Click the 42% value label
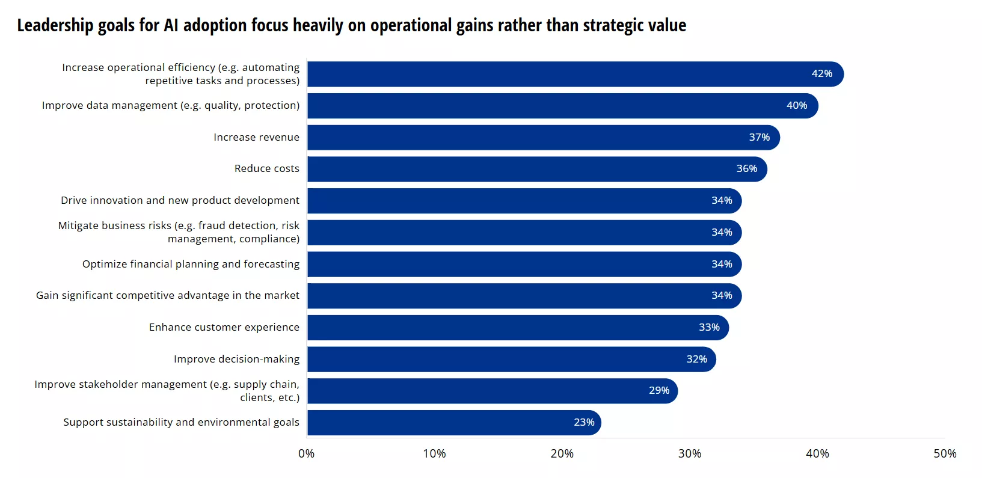pyautogui.click(x=821, y=74)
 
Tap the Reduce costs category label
pyautogui.click(x=266, y=169)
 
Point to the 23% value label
pyautogui.click(x=584, y=423)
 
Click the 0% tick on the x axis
pyautogui.click(x=306, y=454)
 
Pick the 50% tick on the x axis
pyautogui.click(x=945, y=454)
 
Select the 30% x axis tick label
pyautogui.click(x=689, y=454)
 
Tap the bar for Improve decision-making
pyautogui.click(x=511, y=360)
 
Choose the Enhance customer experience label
pyautogui.click(x=224, y=328)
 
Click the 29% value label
pyautogui.click(x=659, y=391)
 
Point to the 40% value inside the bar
pyautogui.click(x=797, y=106)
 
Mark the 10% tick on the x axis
pyautogui.click(x=434, y=454)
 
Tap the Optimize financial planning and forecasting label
pyautogui.click(x=191, y=265)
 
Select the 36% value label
pyautogui.click(x=747, y=169)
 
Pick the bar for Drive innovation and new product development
pyautogui.click(x=523, y=201)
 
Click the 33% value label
pyautogui.click(x=709, y=328)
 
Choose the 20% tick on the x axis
pyautogui.click(x=562, y=454)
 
